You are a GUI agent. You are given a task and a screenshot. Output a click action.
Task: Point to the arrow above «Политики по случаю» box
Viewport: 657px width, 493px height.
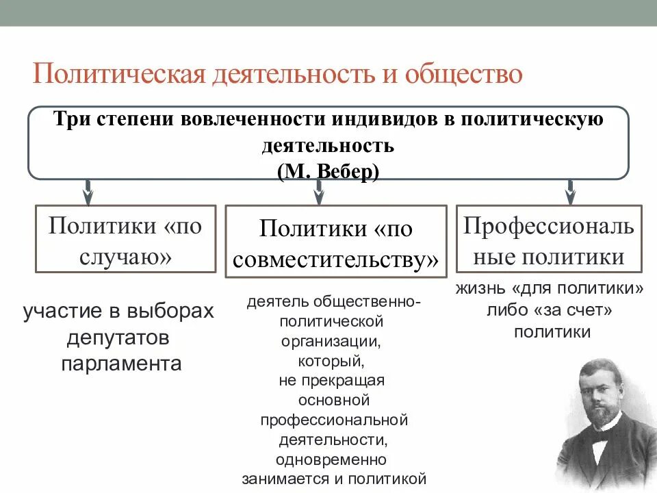(x=88, y=191)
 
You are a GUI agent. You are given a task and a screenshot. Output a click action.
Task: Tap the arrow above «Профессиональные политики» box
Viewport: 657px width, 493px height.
(x=570, y=191)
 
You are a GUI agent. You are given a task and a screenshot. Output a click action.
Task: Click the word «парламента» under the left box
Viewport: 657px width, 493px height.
(x=121, y=363)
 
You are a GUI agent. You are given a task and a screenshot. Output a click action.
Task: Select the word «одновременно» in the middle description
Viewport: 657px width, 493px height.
(x=331, y=459)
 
